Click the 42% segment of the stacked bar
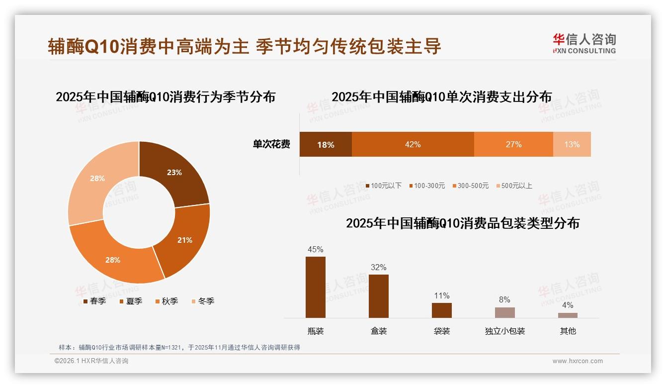point(413,144)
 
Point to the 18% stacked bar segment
point(326,144)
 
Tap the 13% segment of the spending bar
point(572,144)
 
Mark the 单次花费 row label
point(271,144)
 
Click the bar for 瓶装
point(316,287)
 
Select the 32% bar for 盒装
point(378,296)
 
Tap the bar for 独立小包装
point(504,312)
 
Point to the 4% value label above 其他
point(568,305)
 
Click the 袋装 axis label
point(441,331)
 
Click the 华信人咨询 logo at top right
point(584,44)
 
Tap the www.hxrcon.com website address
point(578,361)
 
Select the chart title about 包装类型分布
point(462,223)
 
